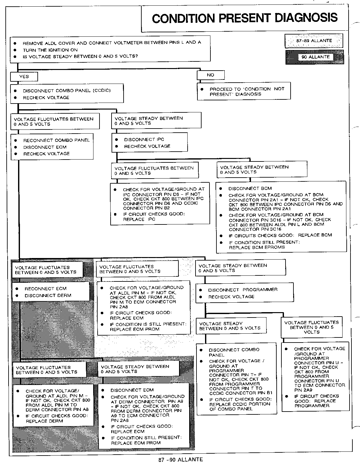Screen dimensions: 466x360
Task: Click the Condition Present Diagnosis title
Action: pyautogui.click(x=245, y=18)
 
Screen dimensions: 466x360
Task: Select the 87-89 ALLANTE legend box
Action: pyautogui.click(x=314, y=41)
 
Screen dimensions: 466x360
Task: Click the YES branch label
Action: pyautogui.click(x=24, y=77)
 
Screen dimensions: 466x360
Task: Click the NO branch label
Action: pyautogui.click(x=210, y=75)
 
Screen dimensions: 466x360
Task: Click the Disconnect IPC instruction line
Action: pyautogui.click(x=144, y=139)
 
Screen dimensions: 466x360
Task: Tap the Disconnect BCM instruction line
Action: pyautogui.click(x=250, y=188)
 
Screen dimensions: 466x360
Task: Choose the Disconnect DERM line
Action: pyautogui.click(x=48, y=296)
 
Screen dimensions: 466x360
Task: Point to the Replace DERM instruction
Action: pyautogui.click(x=44, y=421)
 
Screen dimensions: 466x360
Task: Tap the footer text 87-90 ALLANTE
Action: pyautogui.click(x=180, y=460)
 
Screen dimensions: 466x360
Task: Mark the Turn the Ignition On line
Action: pyautogui.click(x=50, y=50)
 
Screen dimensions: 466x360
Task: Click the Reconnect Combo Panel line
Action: pyautogui.click(x=56, y=140)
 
